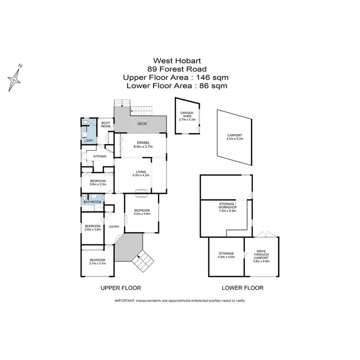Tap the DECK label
tap(142, 124)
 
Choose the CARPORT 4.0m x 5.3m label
tap(235, 137)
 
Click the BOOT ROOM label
tap(106, 124)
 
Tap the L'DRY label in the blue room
tap(88, 141)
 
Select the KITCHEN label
tap(99, 156)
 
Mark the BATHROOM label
tap(92, 202)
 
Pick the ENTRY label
tap(114, 227)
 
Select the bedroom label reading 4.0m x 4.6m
tap(142, 212)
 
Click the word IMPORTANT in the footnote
tap(124, 300)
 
